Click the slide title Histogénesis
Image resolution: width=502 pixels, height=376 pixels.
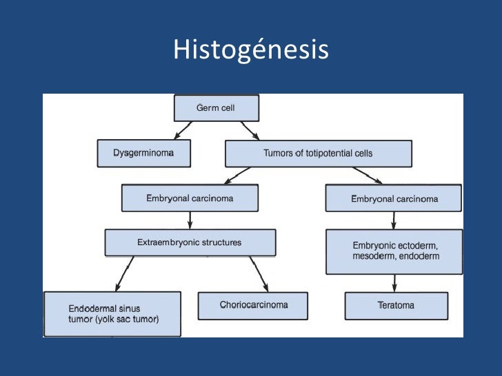(250, 50)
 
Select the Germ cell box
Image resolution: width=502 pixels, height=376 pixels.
(216, 108)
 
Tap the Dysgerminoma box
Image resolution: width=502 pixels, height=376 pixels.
(143, 153)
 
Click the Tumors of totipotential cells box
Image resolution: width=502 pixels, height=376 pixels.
(318, 153)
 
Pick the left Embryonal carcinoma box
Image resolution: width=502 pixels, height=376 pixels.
(190, 198)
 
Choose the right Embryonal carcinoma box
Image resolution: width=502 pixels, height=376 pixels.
(394, 199)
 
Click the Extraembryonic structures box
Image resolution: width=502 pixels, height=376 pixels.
(190, 242)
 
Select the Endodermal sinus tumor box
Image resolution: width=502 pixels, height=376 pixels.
(112, 313)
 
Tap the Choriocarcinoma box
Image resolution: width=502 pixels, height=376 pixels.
(253, 305)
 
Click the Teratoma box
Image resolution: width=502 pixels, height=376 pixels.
(396, 305)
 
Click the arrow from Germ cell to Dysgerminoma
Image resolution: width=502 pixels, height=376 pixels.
(183, 130)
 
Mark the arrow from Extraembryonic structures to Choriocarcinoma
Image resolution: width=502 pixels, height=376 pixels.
(259, 273)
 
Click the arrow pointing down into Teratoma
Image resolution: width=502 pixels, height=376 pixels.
(394, 282)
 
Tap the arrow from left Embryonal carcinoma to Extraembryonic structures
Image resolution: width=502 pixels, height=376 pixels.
(190, 220)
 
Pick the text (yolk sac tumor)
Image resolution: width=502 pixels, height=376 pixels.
(123, 319)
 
